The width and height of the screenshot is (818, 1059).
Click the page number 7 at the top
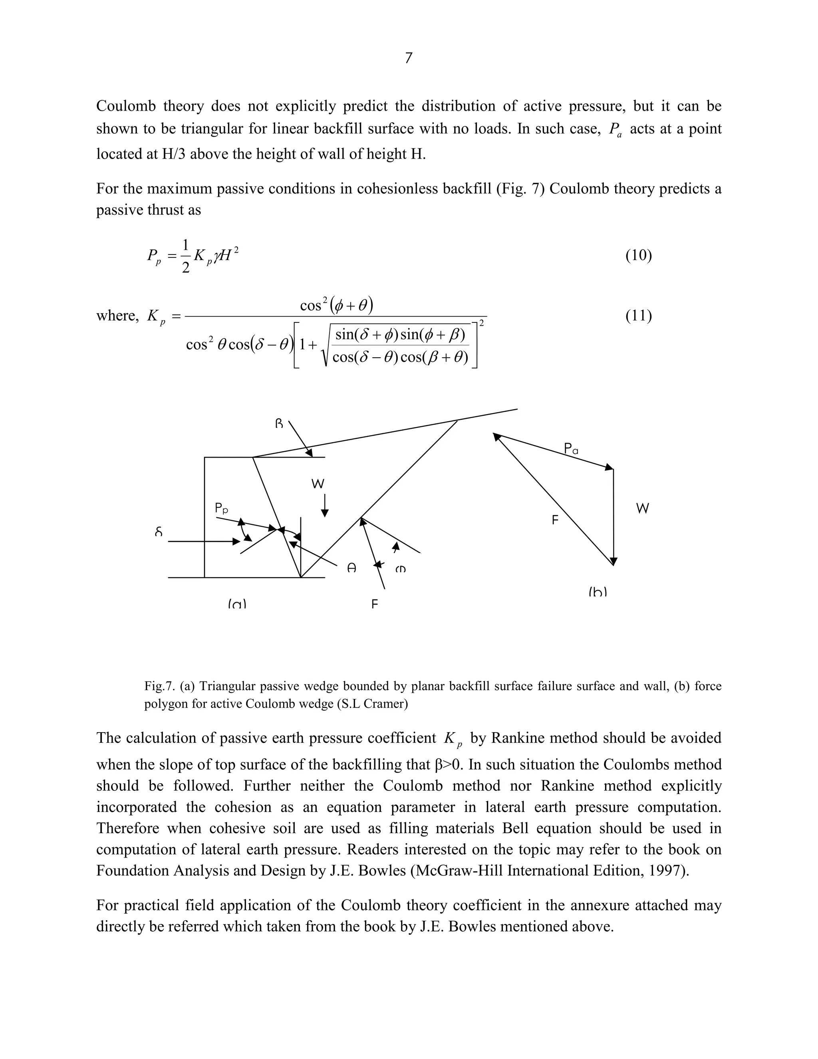pyautogui.click(x=409, y=58)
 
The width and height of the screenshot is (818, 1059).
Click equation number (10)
pyautogui.click(x=638, y=255)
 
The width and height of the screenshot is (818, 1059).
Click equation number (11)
pyautogui.click(x=638, y=316)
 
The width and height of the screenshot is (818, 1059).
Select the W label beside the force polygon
pyautogui.click(x=642, y=509)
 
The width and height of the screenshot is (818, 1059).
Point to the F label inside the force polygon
pyautogui.click(x=555, y=520)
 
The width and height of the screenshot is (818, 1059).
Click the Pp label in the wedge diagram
pyautogui.click(x=221, y=508)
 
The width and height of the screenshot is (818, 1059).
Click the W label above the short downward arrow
pyautogui.click(x=318, y=484)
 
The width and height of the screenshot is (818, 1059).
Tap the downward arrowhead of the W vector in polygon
pyautogui.click(x=613, y=561)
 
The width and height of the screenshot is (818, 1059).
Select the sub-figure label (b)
pyautogui.click(x=598, y=592)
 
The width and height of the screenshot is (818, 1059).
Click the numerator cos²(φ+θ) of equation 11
pyautogui.click(x=336, y=305)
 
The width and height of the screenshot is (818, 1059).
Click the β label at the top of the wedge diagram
pyautogui.click(x=279, y=423)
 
